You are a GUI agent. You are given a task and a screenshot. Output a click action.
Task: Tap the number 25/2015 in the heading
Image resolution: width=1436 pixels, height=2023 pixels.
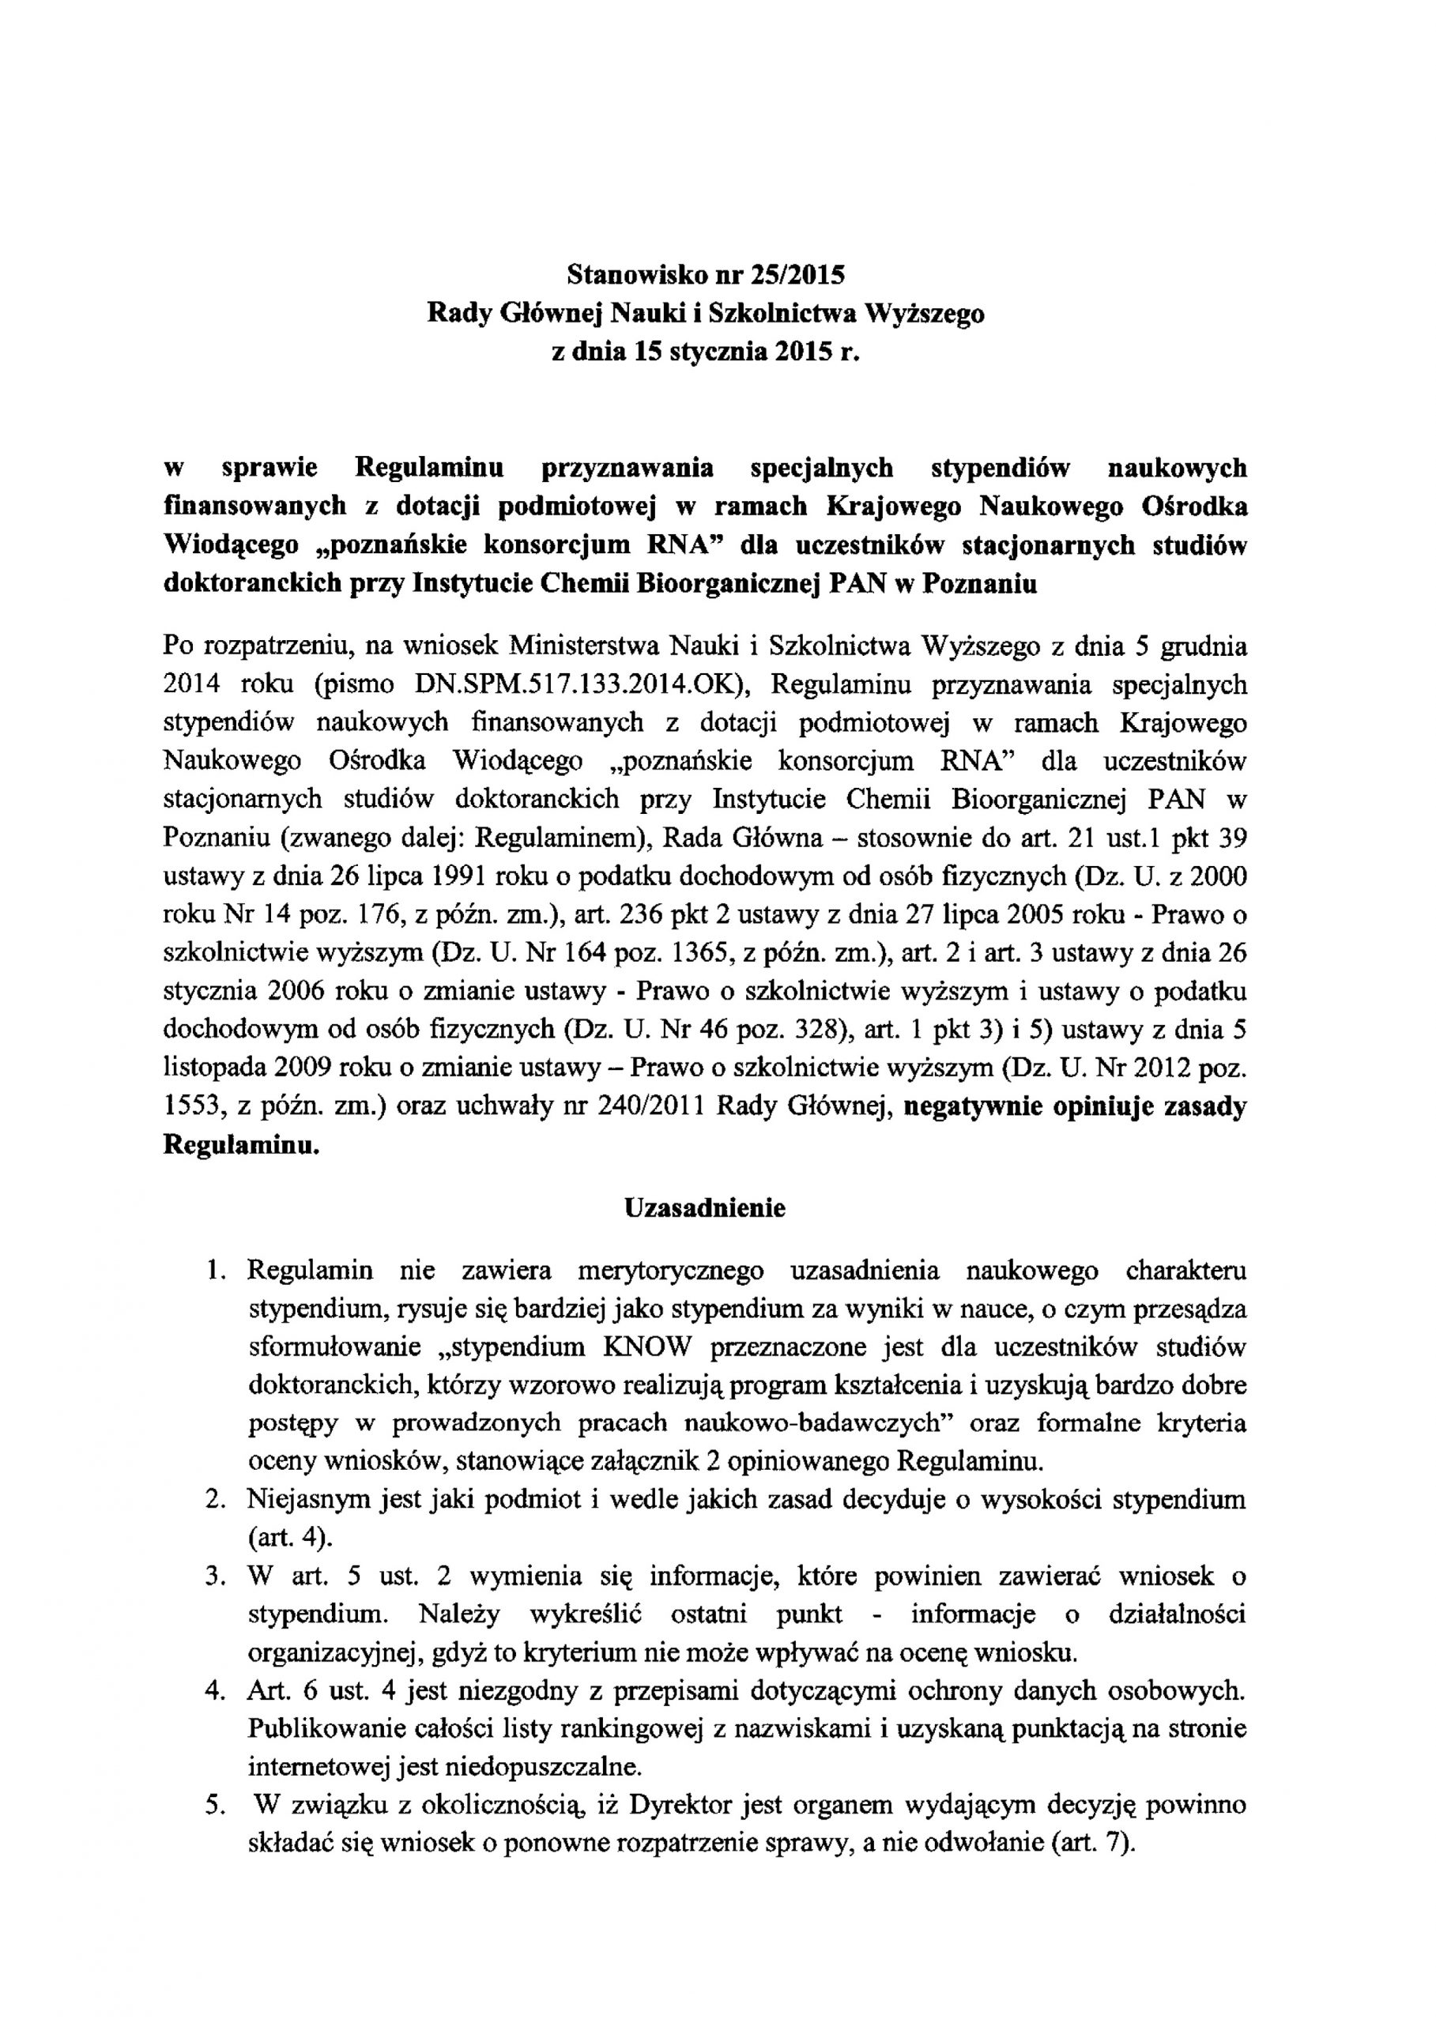click(799, 275)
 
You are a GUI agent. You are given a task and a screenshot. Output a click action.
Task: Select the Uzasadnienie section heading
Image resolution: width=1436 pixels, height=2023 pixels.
click(705, 1207)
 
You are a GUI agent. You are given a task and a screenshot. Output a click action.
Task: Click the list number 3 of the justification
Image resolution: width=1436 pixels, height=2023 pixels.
click(213, 1576)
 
